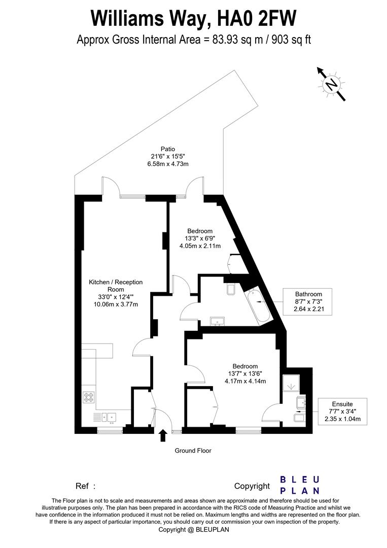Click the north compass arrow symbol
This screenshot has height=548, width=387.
(331, 84)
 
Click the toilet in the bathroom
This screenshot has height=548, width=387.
(231, 290)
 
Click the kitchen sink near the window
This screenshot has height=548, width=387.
(109, 417)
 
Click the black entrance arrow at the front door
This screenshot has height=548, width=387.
(163, 435)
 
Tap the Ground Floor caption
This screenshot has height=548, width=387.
(193, 451)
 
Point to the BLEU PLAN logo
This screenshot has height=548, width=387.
(300, 485)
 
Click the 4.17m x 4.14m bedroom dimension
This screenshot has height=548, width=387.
(245, 381)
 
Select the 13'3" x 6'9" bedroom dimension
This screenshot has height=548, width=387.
(198, 238)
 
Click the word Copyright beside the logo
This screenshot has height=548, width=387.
(252, 486)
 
